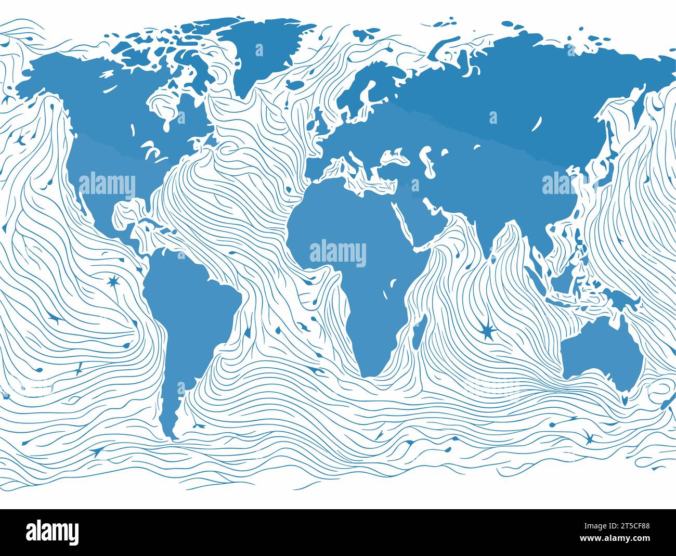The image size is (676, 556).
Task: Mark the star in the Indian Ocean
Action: coord(487,330)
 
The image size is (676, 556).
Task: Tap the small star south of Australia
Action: coord(589,438)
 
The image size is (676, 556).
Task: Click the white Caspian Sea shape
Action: coord(427,159)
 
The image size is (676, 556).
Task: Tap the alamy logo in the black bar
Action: coord(53,532)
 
